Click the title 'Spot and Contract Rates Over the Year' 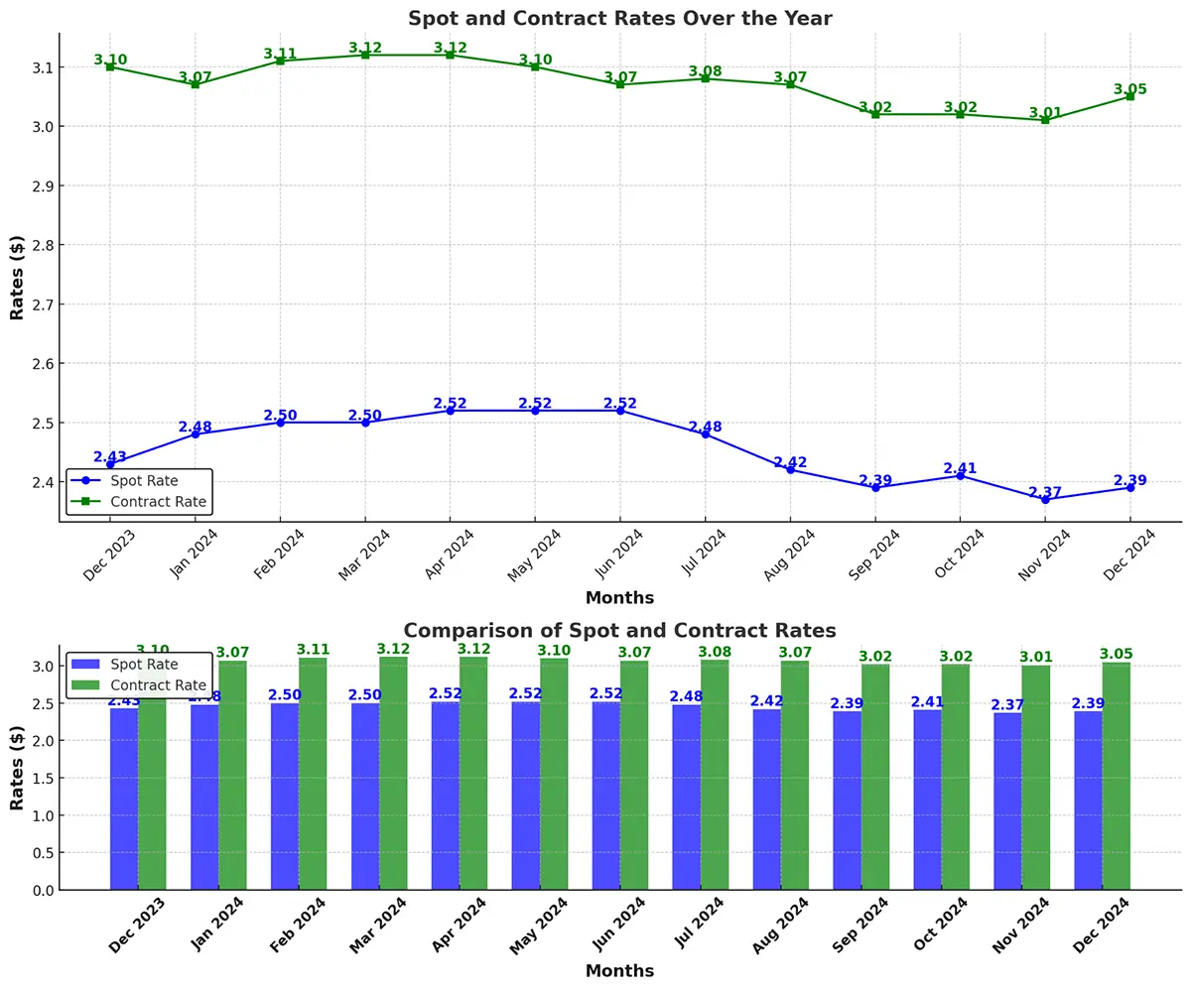pyautogui.click(x=619, y=18)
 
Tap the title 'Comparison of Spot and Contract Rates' pyautogui.click(x=619, y=631)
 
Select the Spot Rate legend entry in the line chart pyautogui.click(x=139, y=481)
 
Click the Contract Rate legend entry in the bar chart pyautogui.click(x=139, y=685)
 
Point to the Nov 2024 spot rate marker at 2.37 pyautogui.click(x=1045, y=499)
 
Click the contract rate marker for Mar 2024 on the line pyautogui.click(x=365, y=55)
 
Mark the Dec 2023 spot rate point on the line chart pyautogui.click(x=110, y=464)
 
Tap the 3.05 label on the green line pyautogui.click(x=1129, y=89)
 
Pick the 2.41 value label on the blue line pyautogui.click(x=960, y=468)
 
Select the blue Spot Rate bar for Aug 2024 pyautogui.click(x=766, y=799)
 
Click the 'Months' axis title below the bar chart pyautogui.click(x=619, y=971)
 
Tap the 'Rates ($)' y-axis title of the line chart pyautogui.click(x=17, y=278)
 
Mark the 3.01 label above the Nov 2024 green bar pyautogui.click(x=1037, y=657)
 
